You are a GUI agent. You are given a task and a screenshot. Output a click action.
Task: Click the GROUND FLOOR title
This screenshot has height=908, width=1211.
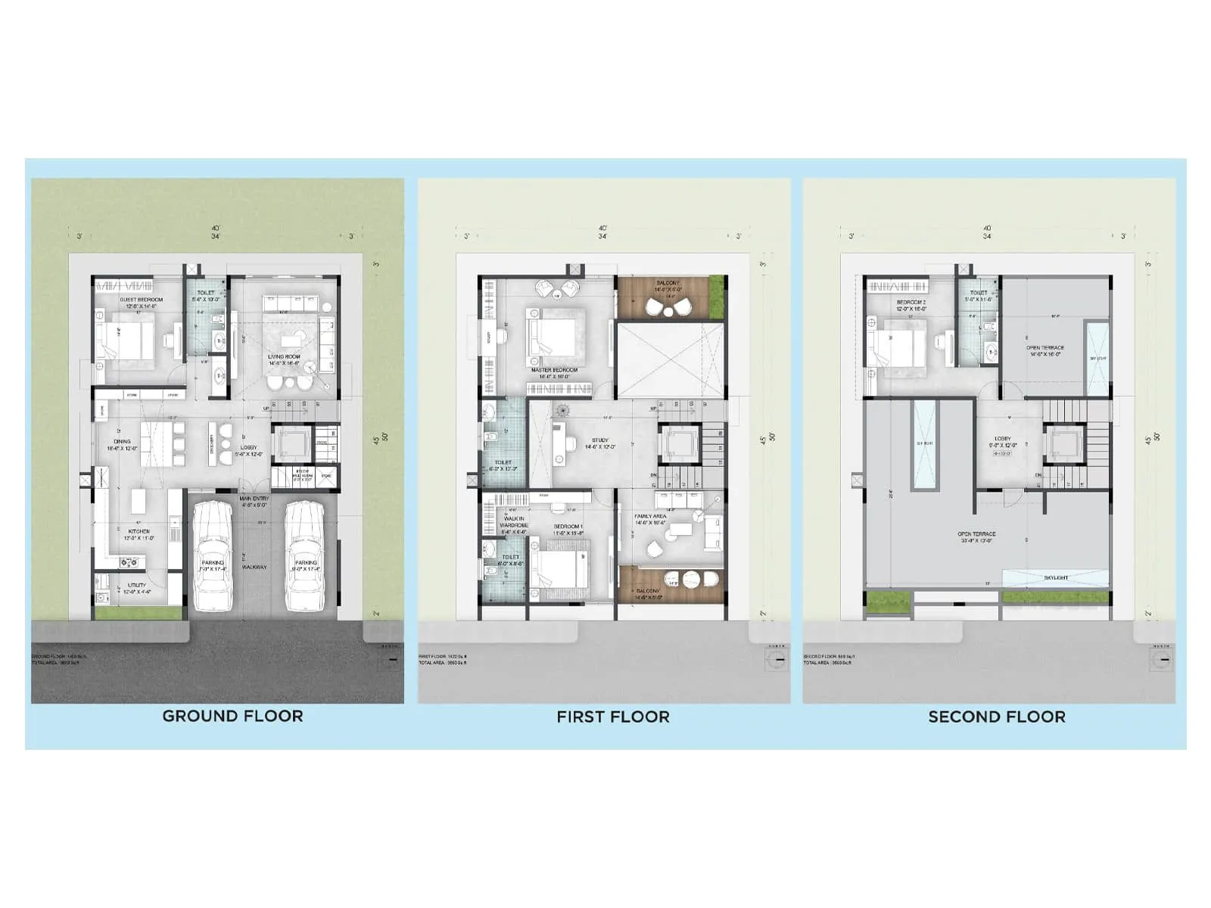click(232, 716)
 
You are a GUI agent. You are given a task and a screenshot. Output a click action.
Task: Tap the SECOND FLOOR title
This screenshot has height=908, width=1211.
click(996, 717)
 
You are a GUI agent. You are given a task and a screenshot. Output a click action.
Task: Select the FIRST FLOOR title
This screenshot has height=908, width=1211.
click(613, 717)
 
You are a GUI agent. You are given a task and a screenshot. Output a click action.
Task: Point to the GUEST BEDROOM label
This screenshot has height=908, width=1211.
click(141, 300)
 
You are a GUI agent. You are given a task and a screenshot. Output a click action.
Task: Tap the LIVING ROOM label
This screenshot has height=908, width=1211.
click(284, 356)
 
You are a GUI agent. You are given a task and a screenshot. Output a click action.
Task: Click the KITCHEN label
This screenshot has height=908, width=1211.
click(139, 532)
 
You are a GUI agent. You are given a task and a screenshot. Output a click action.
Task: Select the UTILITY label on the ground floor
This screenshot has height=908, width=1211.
click(136, 585)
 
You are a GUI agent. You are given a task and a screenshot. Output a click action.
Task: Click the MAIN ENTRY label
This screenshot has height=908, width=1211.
click(254, 499)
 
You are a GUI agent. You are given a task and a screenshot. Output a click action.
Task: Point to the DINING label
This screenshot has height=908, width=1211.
click(122, 441)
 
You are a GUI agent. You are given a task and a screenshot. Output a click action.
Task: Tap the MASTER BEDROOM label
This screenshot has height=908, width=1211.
click(554, 371)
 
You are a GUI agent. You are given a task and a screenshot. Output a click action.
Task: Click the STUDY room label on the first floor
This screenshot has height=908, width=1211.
click(600, 440)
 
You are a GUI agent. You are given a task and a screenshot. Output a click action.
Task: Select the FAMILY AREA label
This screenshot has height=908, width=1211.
click(650, 516)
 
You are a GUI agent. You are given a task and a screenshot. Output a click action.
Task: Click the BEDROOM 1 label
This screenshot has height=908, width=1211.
click(568, 526)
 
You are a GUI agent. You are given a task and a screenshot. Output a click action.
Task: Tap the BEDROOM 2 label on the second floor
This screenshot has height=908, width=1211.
click(911, 302)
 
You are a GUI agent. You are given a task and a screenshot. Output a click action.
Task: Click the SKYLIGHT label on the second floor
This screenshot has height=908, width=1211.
click(1056, 577)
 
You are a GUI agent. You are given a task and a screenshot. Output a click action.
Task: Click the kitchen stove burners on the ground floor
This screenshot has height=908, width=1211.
click(129, 561)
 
